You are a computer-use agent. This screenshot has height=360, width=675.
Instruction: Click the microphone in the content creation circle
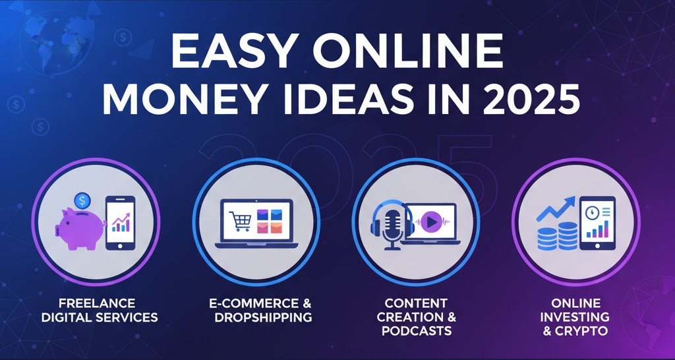click(393, 225)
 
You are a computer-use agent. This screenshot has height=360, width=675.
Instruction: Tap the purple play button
click(432, 223)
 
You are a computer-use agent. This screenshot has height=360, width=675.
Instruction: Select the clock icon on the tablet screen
click(591, 212)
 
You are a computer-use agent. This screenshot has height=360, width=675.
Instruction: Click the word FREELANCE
click(97, 303)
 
